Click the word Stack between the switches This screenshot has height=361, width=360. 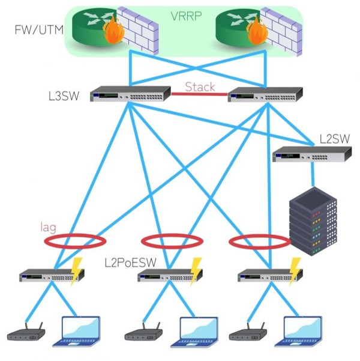tap(200, 86)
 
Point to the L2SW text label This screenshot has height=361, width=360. tap(334, 139)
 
